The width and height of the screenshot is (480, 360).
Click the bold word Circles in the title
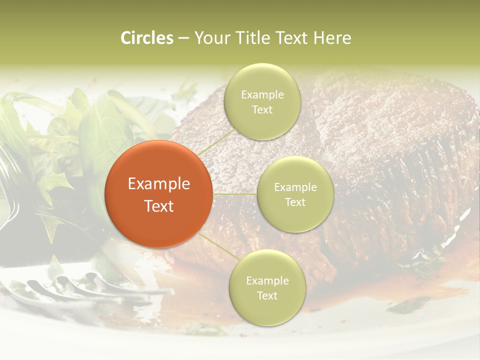(x=146, y=38)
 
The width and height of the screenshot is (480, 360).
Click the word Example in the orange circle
(x=158, y=184)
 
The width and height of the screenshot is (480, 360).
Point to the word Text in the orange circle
(x=158, y=205)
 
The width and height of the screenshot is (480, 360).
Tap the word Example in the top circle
(x=262, y=95)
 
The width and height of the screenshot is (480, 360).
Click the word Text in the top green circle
(x=262, y=109)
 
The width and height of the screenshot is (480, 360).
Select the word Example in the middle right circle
(x=295, y=187)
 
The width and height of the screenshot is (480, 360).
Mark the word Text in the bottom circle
(x=267, y=295)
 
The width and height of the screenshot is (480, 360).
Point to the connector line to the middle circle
(x=235, y=193)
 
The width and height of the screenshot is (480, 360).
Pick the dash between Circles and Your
(x=183, y=38)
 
